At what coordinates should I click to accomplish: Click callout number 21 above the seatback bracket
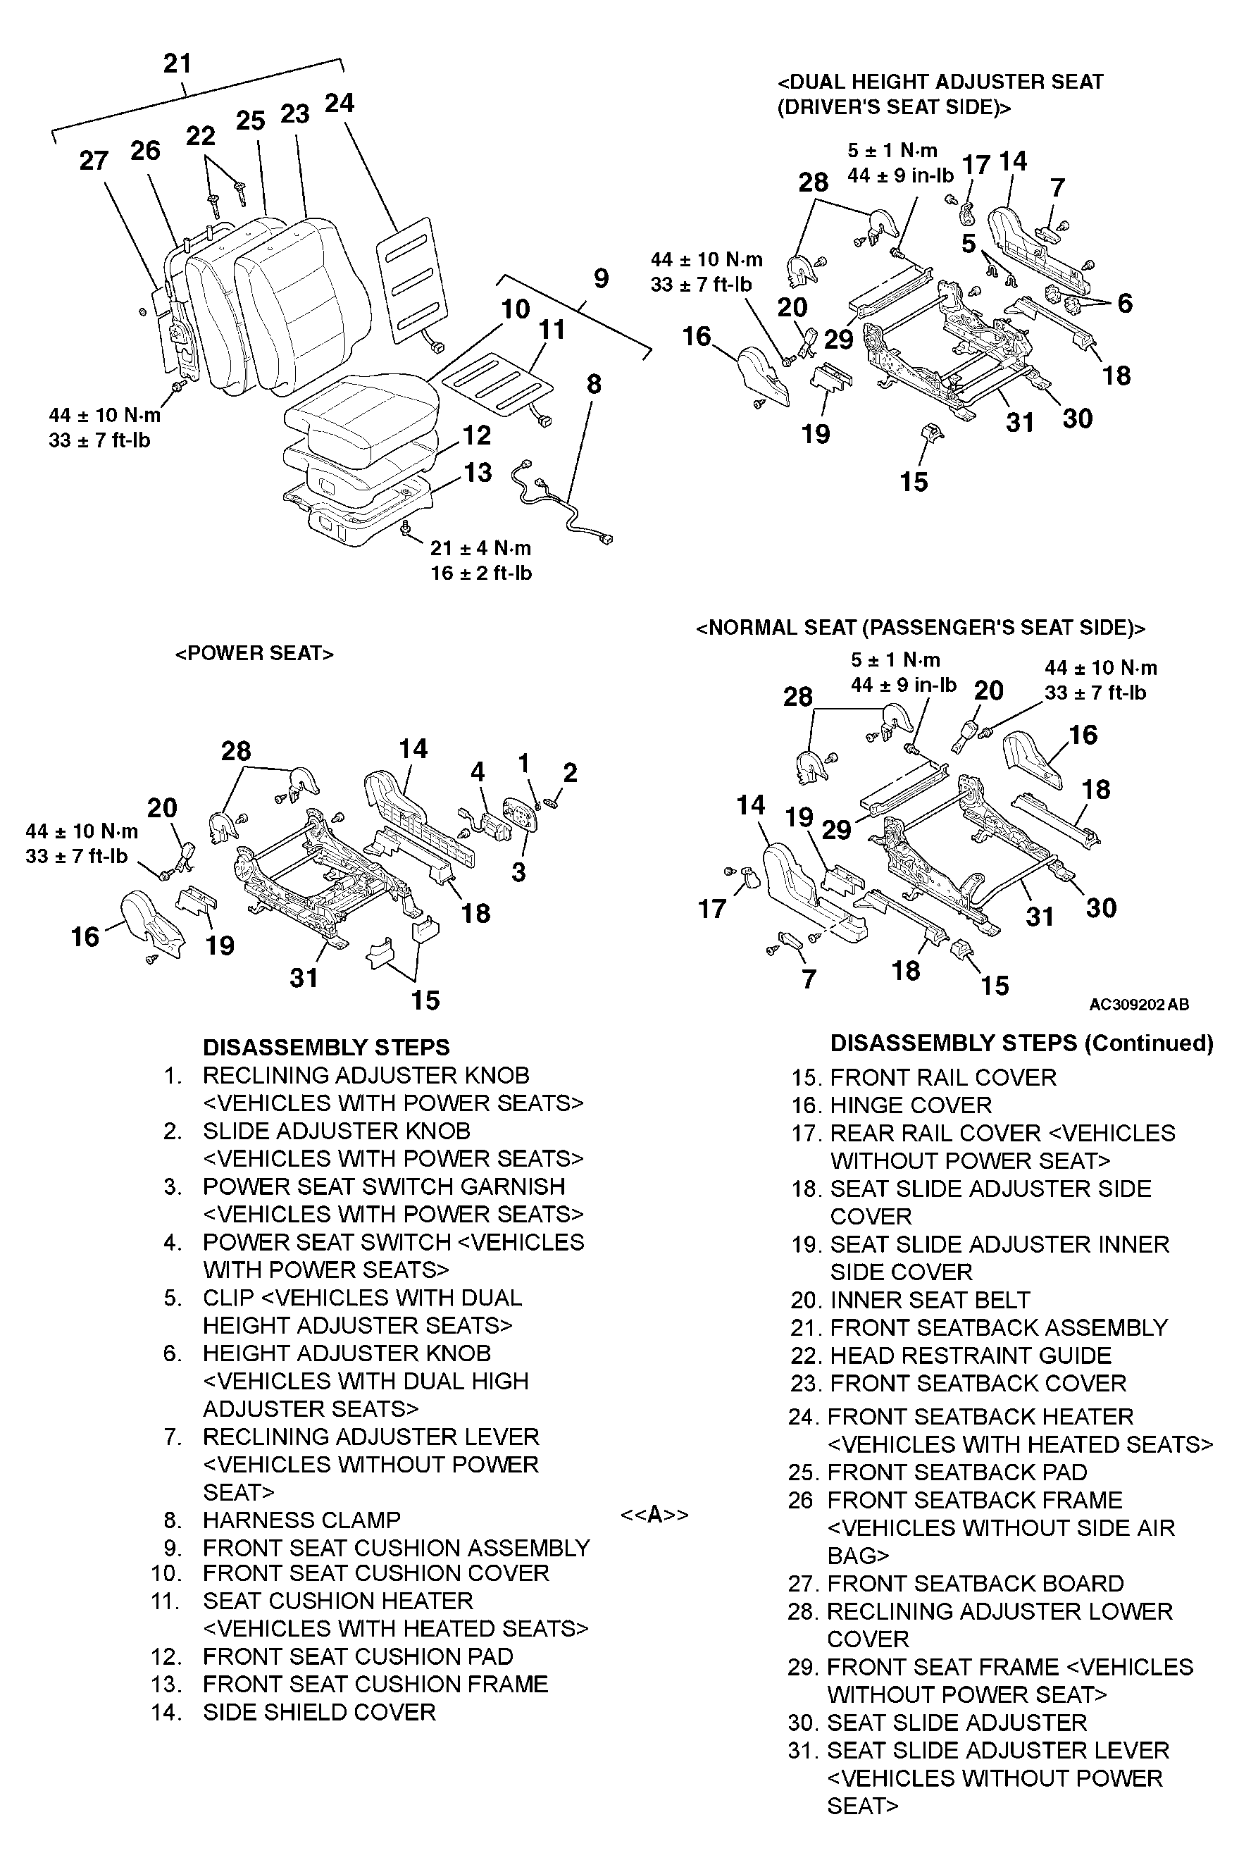point(177,63)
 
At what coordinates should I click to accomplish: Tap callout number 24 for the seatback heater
point(340,104)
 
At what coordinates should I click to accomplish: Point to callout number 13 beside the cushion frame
point(478,473)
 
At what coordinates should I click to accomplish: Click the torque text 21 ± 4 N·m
point(480,547)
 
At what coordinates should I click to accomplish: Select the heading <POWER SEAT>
point(254,653)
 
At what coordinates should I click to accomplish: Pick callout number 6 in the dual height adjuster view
point(1125,304)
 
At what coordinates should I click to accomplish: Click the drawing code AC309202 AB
point(1139,1004)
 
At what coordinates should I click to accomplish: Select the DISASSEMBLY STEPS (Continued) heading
point(1021,1043)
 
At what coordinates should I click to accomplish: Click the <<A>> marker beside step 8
point(654,1515)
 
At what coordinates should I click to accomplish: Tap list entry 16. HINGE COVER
point(891,1105)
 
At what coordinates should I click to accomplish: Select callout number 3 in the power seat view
point(518,872)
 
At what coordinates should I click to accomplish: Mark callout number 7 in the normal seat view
point(809,979)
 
